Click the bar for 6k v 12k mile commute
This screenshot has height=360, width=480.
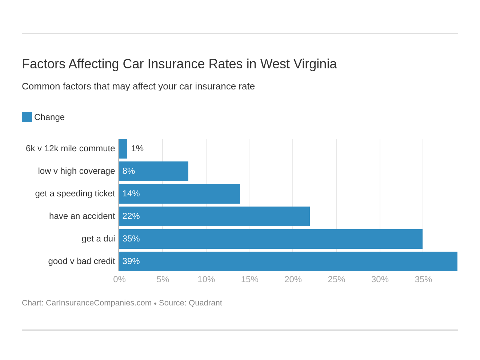pyautogui.click(x=123, y=149)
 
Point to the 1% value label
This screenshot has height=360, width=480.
pyautogui.click(x=137, y=149)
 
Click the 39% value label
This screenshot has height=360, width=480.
pyautogui.click(x=131, y=261)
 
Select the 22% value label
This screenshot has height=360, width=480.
pyautogui.click(x=131, y=216)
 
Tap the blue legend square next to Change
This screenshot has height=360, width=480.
pyautogui.click(x=27, y=117)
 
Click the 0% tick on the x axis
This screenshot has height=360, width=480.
pyautogui.click(x=119, y=279)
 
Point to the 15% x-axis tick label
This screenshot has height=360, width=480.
pyautogui.click(x=249, y=279)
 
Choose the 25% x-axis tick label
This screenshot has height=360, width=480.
pyautogui.click(x=336, y=279)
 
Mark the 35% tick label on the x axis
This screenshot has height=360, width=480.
pyautogui.click(x=423, y=279)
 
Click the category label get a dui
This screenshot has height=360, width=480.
pyautogui.click(x=98, y=239)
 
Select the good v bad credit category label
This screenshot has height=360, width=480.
pyautogui.click(x=81, y=261)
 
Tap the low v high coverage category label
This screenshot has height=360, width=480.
pyautogui.click(x=76, y=171)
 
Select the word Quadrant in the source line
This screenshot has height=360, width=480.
pyautogui.click(x=205, y=303)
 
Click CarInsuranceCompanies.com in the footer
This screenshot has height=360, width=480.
pyautogui.click(x=99, y=303)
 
